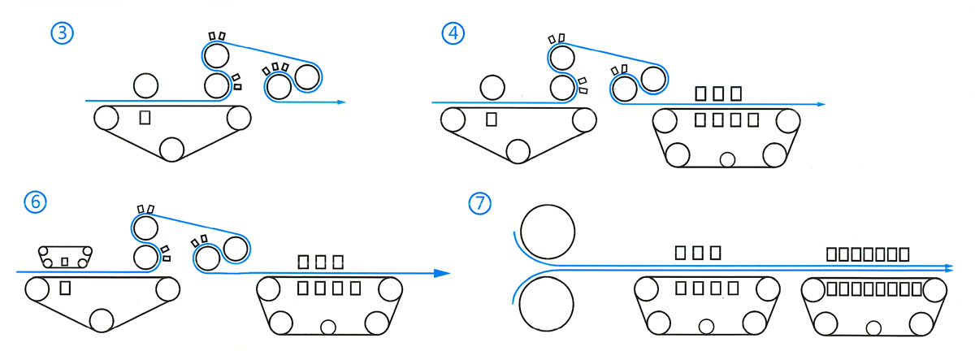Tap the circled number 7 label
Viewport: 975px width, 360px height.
481,203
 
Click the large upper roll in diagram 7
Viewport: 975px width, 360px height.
548,231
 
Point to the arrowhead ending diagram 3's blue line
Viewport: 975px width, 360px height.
342,102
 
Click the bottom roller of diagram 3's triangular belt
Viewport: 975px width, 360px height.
171,149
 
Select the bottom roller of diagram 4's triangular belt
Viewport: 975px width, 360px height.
517,151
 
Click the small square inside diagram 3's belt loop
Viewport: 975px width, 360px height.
145,117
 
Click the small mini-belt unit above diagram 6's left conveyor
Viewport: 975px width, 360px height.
65,256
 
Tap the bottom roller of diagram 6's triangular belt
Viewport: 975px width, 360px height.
102,320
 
